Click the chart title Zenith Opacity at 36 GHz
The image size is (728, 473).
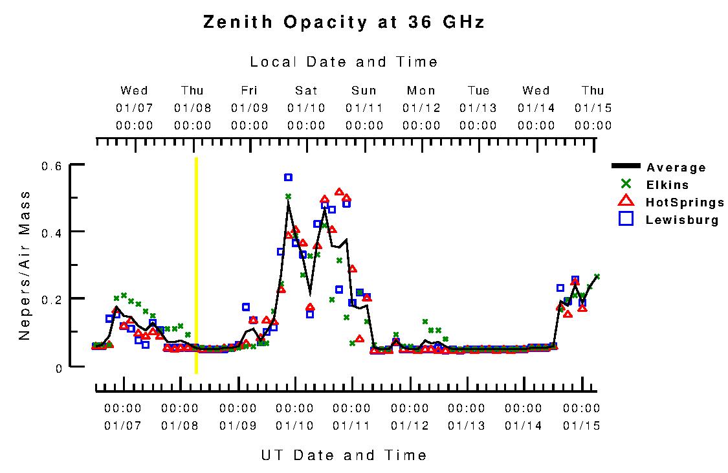point(344,23)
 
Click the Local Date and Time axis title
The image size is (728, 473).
point(344,62)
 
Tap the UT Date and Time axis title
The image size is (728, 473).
point(344,455)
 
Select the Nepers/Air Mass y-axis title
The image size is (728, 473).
point(25,265)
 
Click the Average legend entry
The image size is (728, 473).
point(676,168)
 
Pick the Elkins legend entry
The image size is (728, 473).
point(667,185)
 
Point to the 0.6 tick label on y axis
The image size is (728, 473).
point(52,166)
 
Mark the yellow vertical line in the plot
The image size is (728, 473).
point(196,265)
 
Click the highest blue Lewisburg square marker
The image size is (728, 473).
point(288,177)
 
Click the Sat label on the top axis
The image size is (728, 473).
point(307,91)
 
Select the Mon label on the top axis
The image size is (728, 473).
point(421,91)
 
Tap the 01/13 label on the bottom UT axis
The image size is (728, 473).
point(467,426)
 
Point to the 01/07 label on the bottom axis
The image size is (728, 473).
point(122,426)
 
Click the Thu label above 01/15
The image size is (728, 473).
point(593,91)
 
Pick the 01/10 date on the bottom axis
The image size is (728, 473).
point(294,426)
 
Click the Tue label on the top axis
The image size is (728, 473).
point(479,91)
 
